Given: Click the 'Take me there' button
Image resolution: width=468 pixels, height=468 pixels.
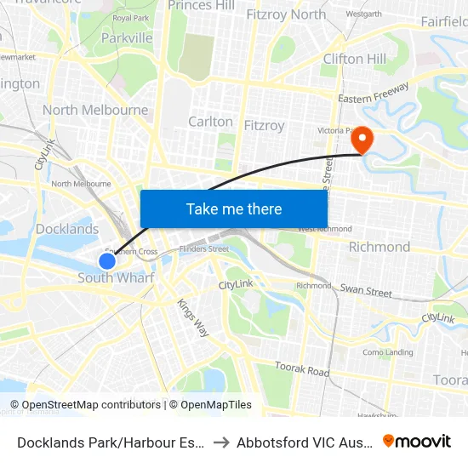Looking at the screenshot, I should tap(234, 208).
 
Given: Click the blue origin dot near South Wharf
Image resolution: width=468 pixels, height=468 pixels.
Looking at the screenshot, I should tap(106, 261).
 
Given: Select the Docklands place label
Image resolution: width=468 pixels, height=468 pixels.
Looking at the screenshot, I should tap(67, 229).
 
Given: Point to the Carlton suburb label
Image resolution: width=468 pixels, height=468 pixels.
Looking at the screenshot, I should tap(210, 122).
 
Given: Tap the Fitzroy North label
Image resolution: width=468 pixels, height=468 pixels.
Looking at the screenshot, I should tap(285, 14).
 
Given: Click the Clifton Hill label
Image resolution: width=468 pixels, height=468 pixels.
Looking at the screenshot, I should tap(354, 59).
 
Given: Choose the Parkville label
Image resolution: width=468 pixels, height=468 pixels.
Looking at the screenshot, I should tap(127, 37).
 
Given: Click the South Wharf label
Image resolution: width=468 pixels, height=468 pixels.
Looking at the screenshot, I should tap(116, 278).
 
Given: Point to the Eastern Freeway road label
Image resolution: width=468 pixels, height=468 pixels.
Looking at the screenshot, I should tap(374, 93).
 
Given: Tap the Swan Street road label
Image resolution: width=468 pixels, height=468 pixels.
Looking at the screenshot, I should tap(366, 291).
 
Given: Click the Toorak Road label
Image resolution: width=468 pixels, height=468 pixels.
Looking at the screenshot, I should tap(302, 369).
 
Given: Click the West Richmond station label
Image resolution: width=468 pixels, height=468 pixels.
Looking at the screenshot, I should tap(324, 229).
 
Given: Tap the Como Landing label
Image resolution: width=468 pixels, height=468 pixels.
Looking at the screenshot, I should tap(387, 352).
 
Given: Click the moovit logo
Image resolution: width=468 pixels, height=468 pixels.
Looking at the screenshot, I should tap(416, 441).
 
